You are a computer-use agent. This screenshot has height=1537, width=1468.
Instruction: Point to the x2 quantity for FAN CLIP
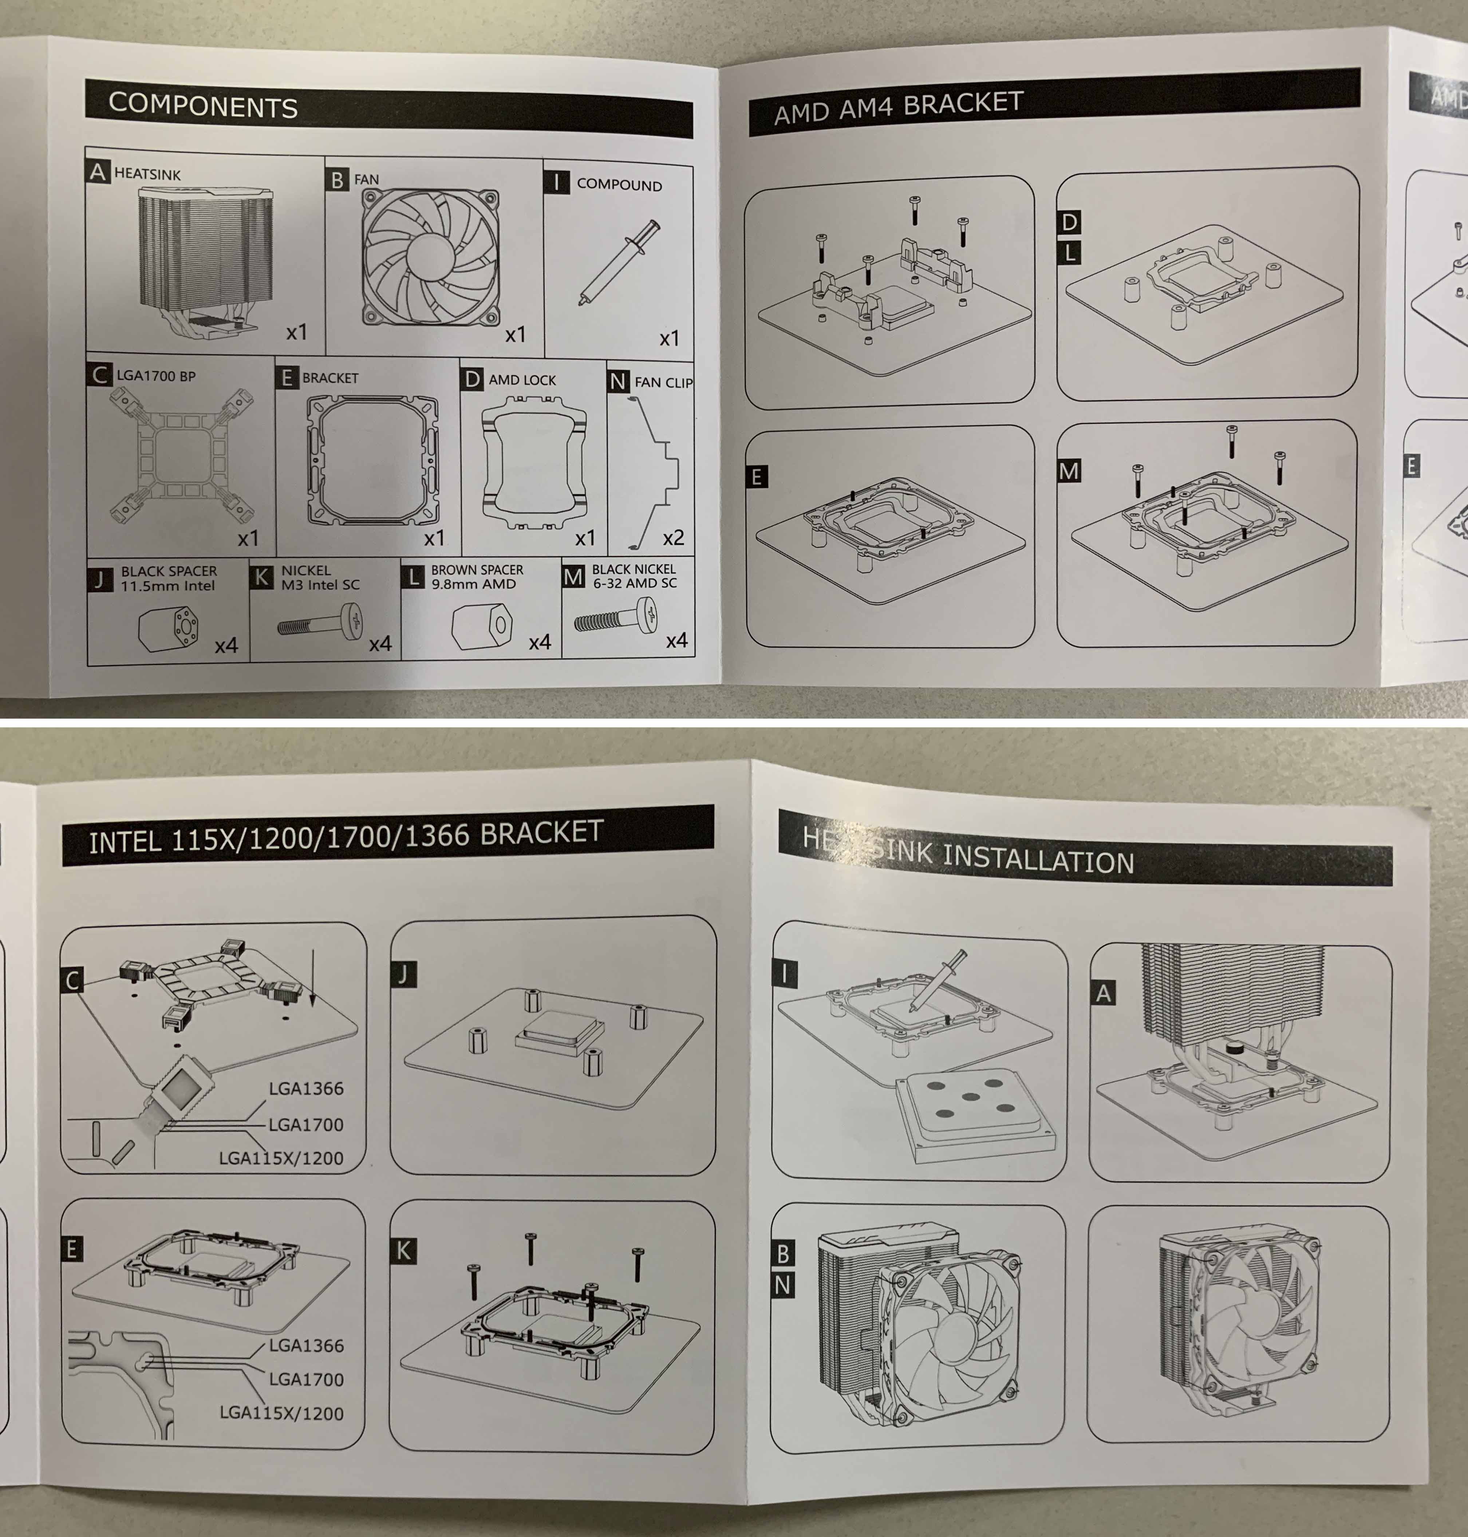coord(673,538)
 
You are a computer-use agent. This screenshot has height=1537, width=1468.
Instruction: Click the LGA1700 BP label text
coord(156,376)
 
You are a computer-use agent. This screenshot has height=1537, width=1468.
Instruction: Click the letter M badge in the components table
coord(573,577)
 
